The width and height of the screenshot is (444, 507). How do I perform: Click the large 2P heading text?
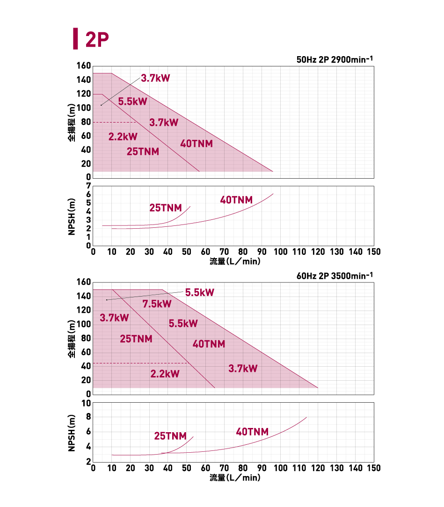[x=97, y=39]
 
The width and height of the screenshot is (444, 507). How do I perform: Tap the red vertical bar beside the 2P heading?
[x=75, y=39]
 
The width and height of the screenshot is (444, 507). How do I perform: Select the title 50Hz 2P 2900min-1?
[x=335, y=60]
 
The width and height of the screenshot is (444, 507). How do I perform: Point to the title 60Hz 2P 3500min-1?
[x=335, y=276]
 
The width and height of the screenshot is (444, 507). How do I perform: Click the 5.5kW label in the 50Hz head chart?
[x=132, y=101]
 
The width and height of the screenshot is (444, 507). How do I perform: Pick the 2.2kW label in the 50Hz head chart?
[x=123, y=137]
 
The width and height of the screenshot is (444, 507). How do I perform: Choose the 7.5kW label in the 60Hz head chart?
[x=157, y=304]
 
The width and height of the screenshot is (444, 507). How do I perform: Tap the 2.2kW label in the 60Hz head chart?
[x=165, y=374]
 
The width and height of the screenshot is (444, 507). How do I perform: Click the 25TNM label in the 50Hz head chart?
[x=143, y=152]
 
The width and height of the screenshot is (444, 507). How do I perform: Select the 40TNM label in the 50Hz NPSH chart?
[x=236, y=200]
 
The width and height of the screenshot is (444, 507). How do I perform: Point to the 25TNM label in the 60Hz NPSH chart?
[x=170, y=436]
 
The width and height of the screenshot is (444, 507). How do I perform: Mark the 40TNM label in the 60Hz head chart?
[x=209, y=344]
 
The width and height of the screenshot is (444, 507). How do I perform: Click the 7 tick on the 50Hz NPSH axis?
[x=88, y=186]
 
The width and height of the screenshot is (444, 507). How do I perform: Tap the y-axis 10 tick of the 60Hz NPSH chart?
[x=86, y=403]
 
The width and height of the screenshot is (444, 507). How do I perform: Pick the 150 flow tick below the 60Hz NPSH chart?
[x=373, y=468]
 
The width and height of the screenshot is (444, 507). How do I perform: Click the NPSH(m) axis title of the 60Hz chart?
[x=72, y=433]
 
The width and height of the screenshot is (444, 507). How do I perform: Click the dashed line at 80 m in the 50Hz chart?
[x=115, y=122]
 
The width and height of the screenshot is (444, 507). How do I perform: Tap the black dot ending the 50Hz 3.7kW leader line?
[x=101, y=105]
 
